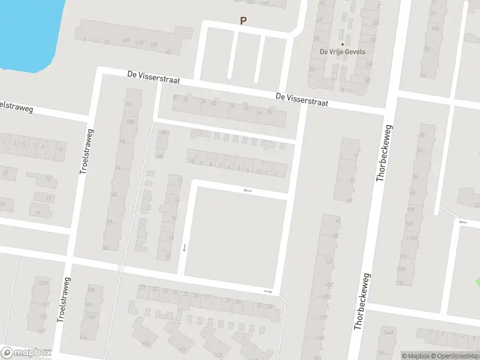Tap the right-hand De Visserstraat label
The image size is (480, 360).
[x=302, y=99]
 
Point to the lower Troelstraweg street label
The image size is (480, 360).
[x=63, y=300]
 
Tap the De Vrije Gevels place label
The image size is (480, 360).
[x=343, y=52]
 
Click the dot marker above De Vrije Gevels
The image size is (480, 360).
[x=343, y=44]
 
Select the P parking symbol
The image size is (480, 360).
[x=243, y=20]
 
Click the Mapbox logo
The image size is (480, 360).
[x=26, y=353]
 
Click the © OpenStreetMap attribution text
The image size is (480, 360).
[x=458, y=356]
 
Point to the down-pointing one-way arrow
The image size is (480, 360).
[x=185, y=247]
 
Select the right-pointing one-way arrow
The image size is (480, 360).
[x=268, y=292]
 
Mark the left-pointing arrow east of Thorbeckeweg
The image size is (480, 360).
[x=462, y=222]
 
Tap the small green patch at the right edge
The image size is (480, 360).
[x=478, y=281]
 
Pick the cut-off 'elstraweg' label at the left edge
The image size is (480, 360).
[x=16, y=107]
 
